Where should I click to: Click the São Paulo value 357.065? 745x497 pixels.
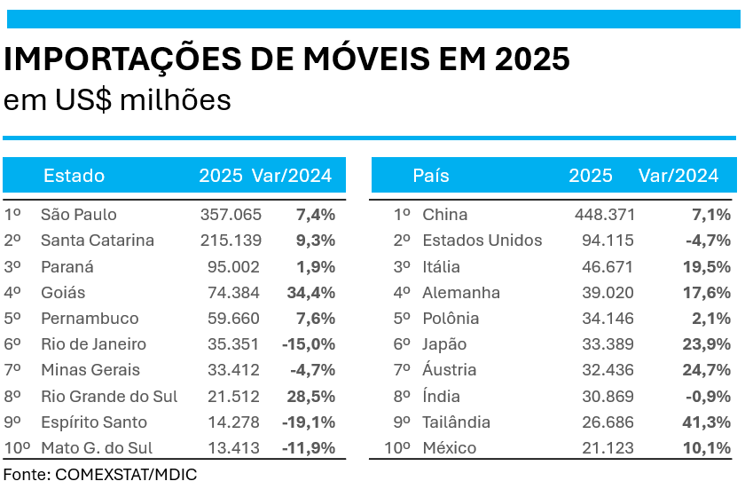(230, 214)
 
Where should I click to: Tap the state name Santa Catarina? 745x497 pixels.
(98, 241)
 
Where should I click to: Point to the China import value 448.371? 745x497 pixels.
(605, 214)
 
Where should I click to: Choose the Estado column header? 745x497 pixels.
(74, 175)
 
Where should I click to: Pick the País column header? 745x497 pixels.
(431, 175)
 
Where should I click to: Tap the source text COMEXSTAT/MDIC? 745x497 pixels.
(126, 475)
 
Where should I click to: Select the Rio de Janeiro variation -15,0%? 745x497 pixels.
(309, 344)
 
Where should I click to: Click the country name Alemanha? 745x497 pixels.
(461, 292)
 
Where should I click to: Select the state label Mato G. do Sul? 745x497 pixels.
(98, 448)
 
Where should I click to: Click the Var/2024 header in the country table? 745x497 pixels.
(678, 175)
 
